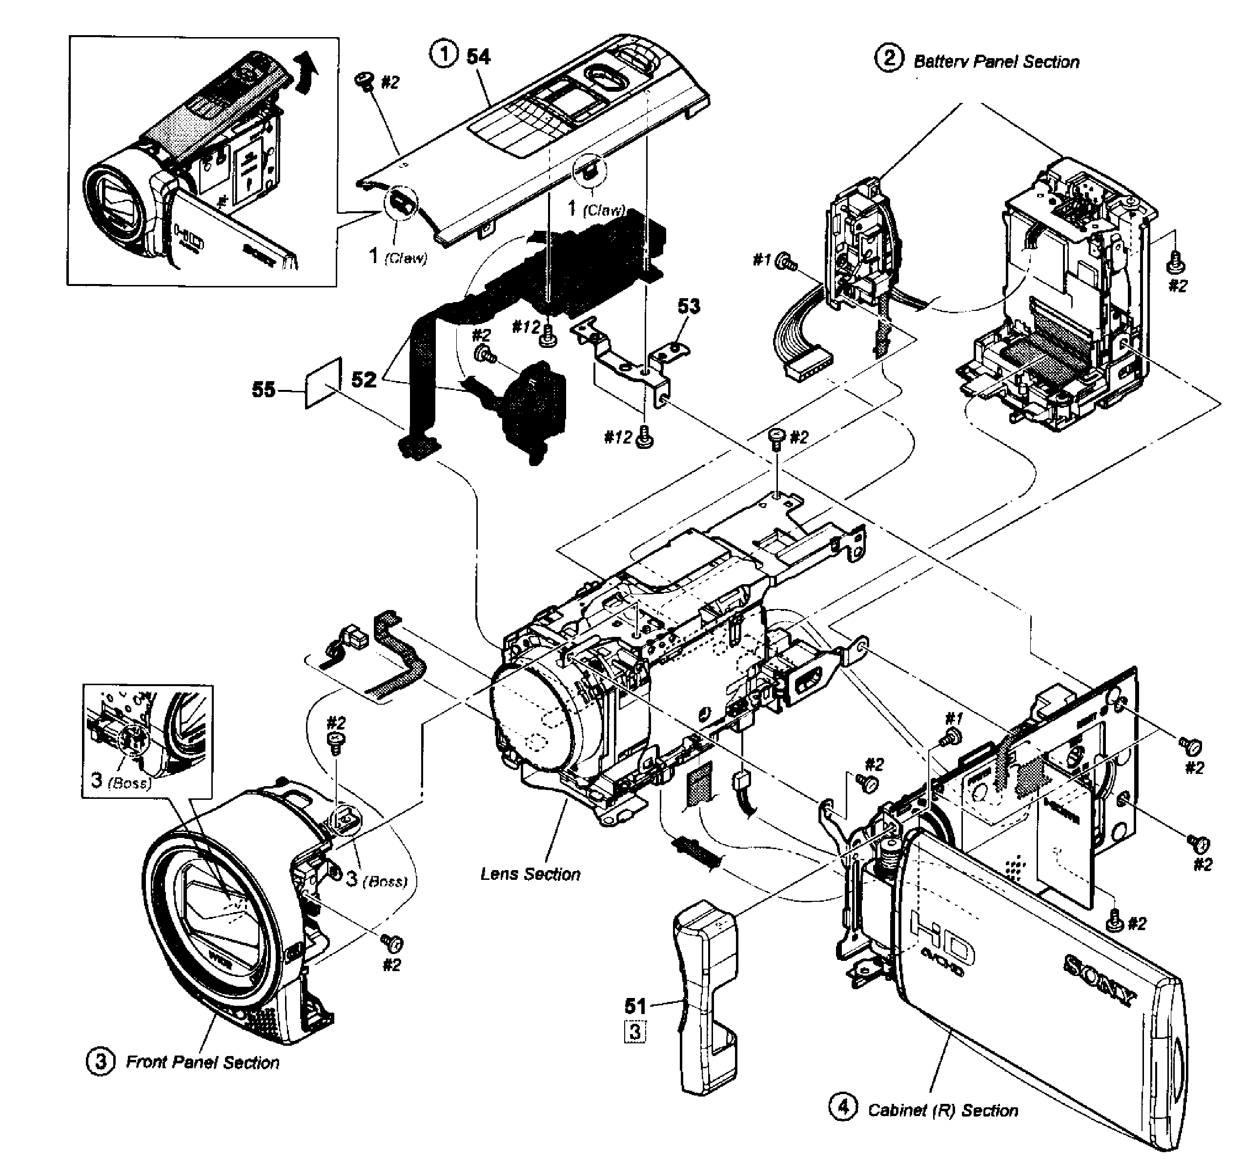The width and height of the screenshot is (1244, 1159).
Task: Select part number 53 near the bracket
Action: pyautogui.click(x=689, y=306)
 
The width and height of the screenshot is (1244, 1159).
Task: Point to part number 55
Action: pyautogui.click(x=264, y=389)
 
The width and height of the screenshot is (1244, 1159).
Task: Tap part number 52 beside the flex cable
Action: pyautogui.click(x=364, y=379)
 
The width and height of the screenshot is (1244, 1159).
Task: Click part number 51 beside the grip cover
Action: pyautogui.click(x=635, y=1006)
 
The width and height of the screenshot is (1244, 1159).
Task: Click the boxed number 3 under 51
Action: pyautogui.click(x=635, y=1031)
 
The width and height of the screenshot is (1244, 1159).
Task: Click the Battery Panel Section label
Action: pyautogui.click(x=996, y=61)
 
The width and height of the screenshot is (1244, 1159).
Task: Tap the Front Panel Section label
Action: pyautogui.click(x=202, y=1062)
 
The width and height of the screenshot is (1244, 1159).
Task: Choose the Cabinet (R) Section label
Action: pyautogui.click(x=942, y=1110)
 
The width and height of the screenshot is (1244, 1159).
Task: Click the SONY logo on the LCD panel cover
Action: pyautogui.click(x=1100, y=979)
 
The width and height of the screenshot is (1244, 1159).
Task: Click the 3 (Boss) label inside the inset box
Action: pyautogui.click(x=121, y=780)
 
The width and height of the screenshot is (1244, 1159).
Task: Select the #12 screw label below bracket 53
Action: pyautogui.click(x=618, y=437)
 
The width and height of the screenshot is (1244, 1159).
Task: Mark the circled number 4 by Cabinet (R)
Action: pyautogui.click(x=843, y=1107)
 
